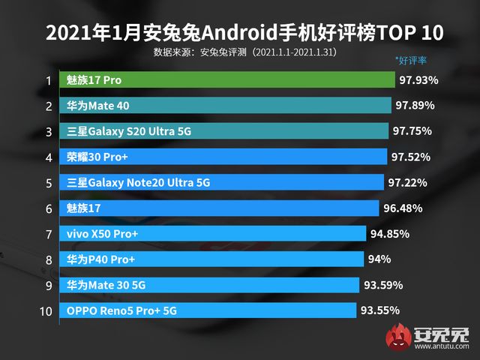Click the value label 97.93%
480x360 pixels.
[x=418, y=79]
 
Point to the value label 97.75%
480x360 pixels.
[x=412, y=131]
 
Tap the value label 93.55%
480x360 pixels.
[x=380, y=310]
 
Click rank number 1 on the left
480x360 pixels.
[x=48, y=80]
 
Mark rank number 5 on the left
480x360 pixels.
[x=48, y=183]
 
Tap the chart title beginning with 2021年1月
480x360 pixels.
[x=240, y=33]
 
